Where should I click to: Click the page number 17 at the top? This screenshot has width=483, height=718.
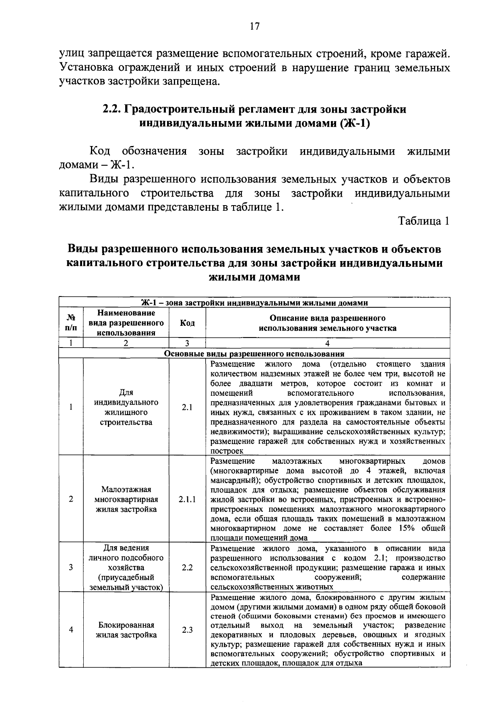[x=254, y=27]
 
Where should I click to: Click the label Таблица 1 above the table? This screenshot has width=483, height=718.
[x=423, y=221]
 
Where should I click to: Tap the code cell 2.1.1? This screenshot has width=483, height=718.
[x=187, y=500]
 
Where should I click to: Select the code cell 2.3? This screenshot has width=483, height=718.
[x=187, y=630]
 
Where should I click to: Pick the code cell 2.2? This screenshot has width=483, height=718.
[x=187, y=568]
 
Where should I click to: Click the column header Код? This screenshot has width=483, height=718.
[x=187, y=323]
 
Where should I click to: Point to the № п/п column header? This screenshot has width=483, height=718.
[x=71, y=323]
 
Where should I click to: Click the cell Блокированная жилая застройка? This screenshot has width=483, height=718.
[x=126, y=630]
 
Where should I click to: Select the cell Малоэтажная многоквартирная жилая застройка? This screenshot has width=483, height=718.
[x=126, y=500]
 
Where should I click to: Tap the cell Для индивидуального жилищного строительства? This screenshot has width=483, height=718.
[x=126, y=407]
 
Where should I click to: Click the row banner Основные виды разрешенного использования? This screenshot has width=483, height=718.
[x=254, y=354]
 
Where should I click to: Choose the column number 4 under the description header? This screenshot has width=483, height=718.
[x=327, y=343]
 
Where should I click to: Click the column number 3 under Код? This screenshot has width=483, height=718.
[x=187, y=343]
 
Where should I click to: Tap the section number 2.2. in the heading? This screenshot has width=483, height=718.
[x=112, y=109]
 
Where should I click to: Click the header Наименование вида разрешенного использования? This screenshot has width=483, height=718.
[x=126, y=323]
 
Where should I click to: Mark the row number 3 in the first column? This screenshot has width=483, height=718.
[x=71, y=568]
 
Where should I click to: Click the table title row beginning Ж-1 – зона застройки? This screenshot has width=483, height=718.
[x=254, y=303]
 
